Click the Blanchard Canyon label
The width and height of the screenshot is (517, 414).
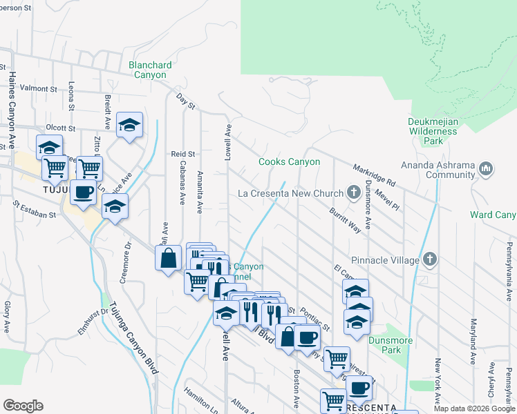point(150,70)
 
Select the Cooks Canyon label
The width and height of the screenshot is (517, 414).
point(289,162)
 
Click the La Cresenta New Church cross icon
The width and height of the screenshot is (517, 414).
point(354,193)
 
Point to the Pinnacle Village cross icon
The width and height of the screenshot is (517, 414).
point(430,260)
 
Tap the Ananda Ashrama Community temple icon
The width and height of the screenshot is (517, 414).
point(486,168)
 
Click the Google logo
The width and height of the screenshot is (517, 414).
point(23,406)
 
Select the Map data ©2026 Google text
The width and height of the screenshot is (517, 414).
point(473,408)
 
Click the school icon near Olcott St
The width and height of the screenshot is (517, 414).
point(129,125)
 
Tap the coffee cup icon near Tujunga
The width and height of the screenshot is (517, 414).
point(83,193)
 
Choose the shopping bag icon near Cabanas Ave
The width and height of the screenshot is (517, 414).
point(168,259)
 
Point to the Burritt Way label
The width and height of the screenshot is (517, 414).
point(345,220)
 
